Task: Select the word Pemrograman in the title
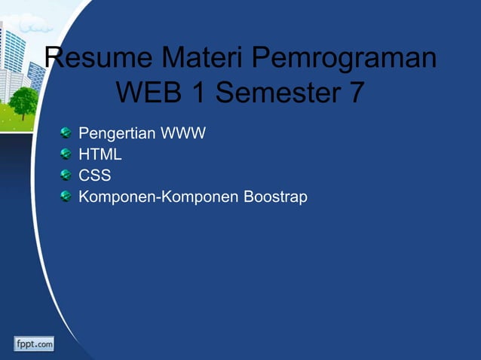click(344, 60)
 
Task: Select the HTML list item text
click(100, 155)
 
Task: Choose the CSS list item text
click(95, 176)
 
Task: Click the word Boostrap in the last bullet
click(275, 198)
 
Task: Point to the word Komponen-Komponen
click(159, 197)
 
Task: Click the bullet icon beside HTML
click(66, 155)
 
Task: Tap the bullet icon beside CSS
click(66, 176)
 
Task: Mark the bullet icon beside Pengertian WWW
click(66, 134)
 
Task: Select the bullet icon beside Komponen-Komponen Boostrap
click(66, 197)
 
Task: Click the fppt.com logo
click(34, 343)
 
